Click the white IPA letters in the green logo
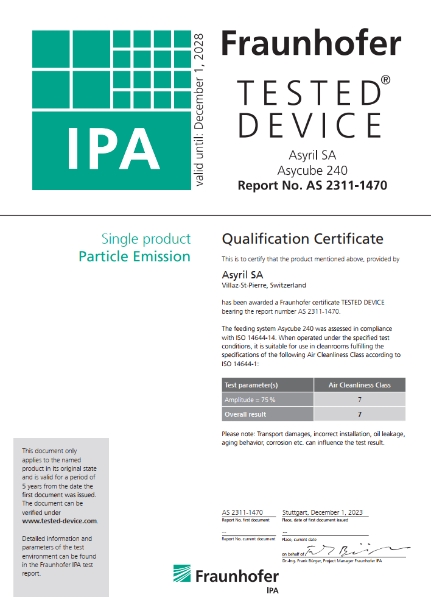point(113,148)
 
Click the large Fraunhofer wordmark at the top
point(310,44)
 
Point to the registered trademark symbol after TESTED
point(385,80)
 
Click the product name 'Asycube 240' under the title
point(312,170)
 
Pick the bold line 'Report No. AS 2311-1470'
point(312,185)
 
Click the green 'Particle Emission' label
point(135,256)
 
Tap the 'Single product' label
point(145,239)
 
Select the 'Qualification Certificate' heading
point(303,238)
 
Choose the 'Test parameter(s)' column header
point(251,385)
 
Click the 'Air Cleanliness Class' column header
point(359,385)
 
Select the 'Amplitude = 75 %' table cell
point(250,400)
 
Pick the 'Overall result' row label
point(245,414)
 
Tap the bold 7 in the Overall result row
point(359,414)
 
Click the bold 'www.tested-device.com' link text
point(60,521)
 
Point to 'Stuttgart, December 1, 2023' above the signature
point(323,512)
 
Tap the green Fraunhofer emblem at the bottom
point(183,575)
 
